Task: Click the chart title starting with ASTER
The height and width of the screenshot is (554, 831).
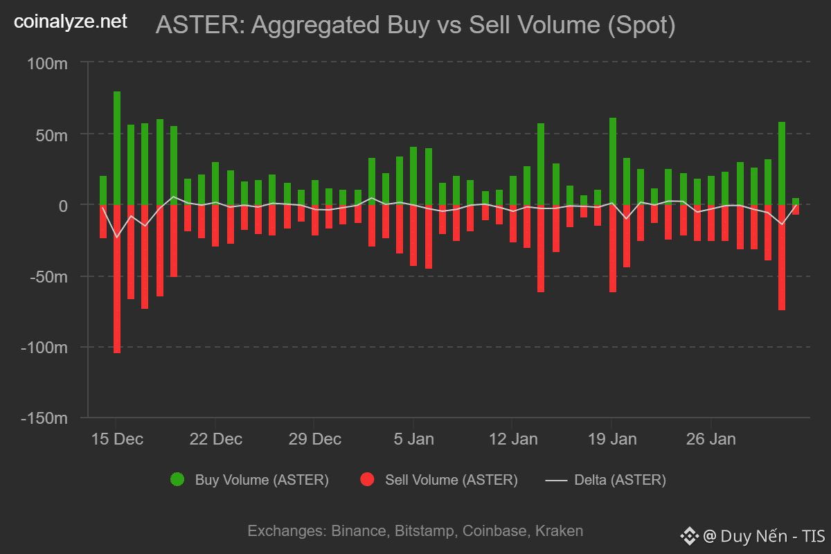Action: [415, 26]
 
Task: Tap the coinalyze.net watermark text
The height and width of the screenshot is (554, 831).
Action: [71, 22]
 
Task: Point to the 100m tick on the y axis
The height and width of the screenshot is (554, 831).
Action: [48, 63]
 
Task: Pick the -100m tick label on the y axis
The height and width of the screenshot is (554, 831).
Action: [44, 347]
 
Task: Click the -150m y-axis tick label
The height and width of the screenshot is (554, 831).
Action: [44, 418]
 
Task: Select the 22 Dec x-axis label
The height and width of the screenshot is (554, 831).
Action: [215, 439]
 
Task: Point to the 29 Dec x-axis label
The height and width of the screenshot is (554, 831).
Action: [314, 439]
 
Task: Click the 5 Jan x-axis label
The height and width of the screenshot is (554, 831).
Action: [413, 439]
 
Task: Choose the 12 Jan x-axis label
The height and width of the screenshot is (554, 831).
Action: [512, 439]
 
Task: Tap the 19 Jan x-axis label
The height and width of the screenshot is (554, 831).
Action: [611, 439]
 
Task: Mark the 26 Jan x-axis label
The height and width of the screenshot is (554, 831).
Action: [711, 439]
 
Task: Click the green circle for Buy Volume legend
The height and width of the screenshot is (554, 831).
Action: [177, 479]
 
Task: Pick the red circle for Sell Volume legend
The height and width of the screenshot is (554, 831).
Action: [367, 479]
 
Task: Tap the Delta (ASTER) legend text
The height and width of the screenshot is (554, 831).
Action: [620, 479]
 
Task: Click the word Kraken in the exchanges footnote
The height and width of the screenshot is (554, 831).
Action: [561, 531]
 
